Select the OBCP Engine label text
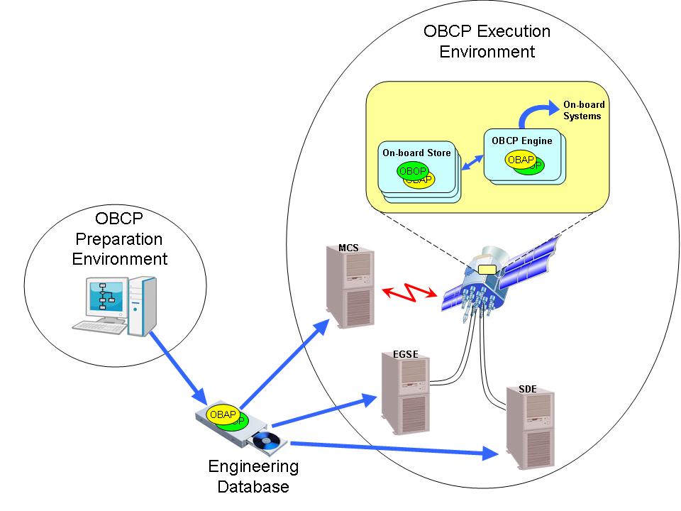point(521,141)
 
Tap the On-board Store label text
point(416,153)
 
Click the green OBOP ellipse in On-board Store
point(412,171)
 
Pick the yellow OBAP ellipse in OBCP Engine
point(520,160)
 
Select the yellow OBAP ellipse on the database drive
point(222,414)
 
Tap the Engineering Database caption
point(253,477)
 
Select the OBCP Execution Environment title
point(487,41)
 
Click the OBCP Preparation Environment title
point(119,238)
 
